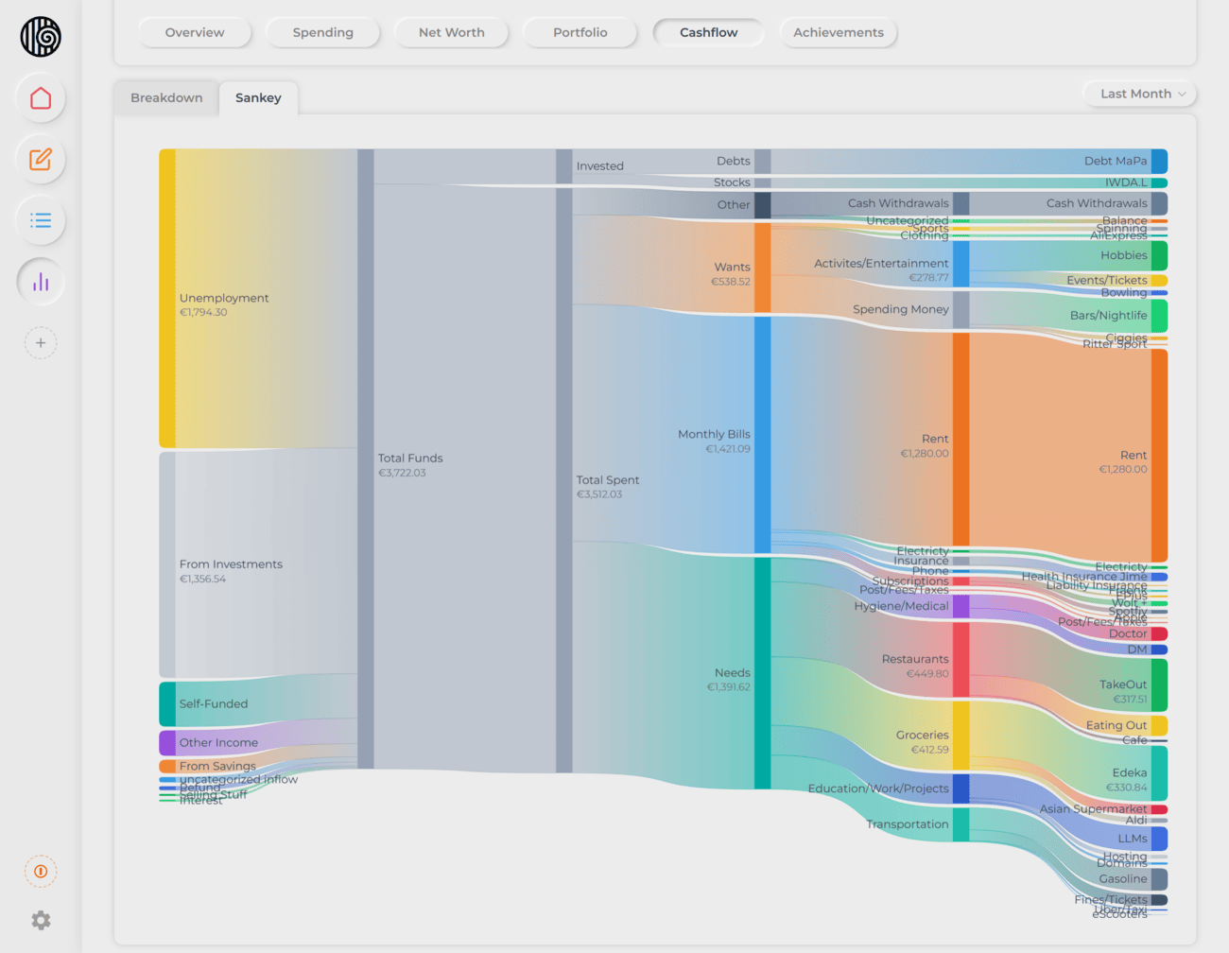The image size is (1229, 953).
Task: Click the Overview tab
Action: tap(195, 32)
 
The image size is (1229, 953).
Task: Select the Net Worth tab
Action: tap(451, 32)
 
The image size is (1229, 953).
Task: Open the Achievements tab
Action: tap(838, 32)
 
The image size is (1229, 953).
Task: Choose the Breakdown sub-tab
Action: tap(166, 97)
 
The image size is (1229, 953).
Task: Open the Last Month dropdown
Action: tap(1141, 94)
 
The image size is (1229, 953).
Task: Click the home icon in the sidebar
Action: tap(41, 98)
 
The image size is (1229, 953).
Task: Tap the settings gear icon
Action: tap(41, 920)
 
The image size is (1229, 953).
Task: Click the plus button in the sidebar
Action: tap(41, 343)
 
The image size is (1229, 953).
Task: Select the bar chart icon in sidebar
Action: tap(41, 282)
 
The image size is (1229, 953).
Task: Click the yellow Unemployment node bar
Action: tap(167, 298)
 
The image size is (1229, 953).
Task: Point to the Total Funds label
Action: tap(410, 459)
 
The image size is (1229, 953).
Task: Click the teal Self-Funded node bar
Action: tap(167, 703)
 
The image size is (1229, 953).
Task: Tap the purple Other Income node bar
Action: tap(167, 742)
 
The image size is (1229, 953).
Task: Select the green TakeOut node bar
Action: tap(1159, 684)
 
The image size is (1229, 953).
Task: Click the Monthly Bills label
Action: tap(714, 435)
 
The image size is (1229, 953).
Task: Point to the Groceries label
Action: tap(922, 736)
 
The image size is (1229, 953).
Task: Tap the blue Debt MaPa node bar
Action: tap(1159, 161)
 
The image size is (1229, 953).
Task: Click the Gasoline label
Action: tap(1122, 879)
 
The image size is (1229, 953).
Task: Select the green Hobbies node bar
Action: tap(1159, 255)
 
